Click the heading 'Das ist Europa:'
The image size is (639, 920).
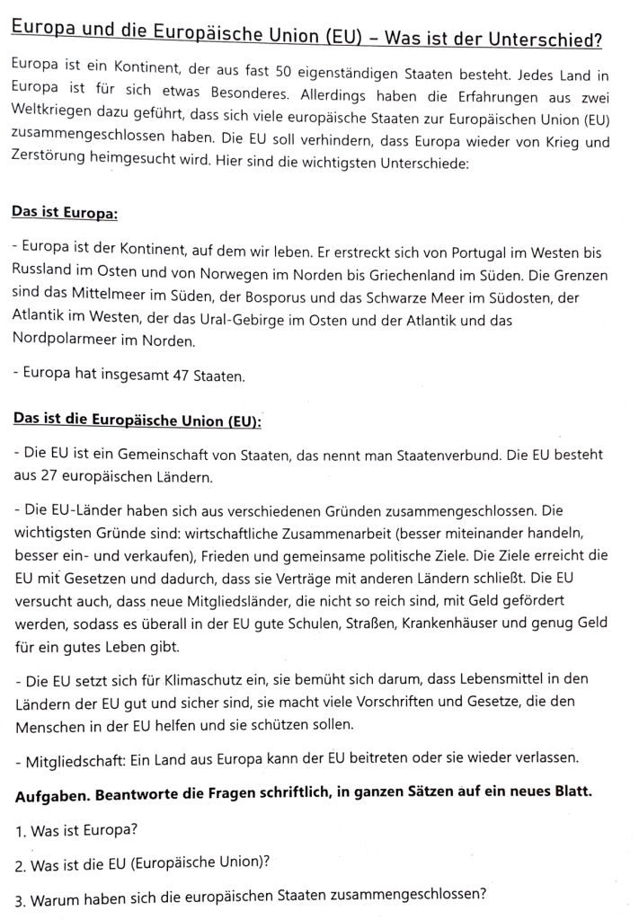(x=64, y=214)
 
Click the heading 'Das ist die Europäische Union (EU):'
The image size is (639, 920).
(x=136, y=420)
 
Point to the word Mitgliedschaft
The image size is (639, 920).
(x=72, y=761)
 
